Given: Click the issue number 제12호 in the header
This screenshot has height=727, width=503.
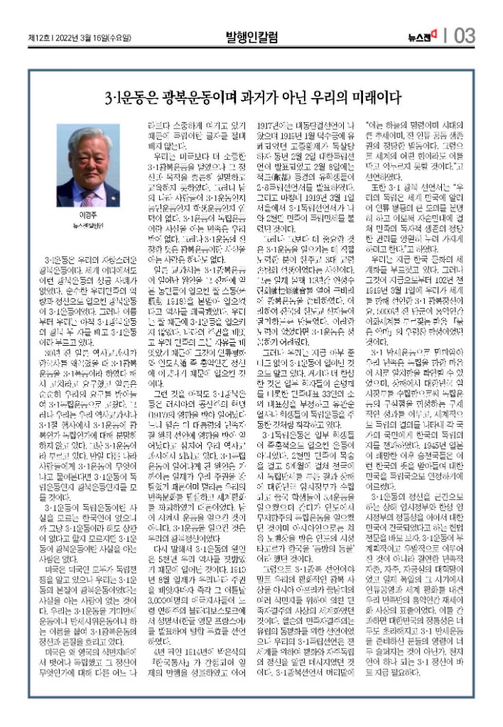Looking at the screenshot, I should tap(37, 36).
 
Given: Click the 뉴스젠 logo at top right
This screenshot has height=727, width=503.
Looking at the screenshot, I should tap(425, 35).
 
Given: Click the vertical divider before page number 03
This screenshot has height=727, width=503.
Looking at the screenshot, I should tap(446, 35).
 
